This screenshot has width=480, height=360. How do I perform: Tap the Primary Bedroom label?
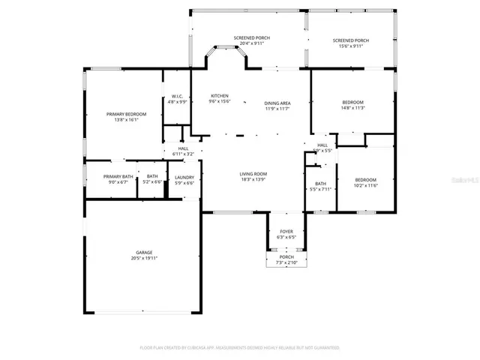tap(126, 114)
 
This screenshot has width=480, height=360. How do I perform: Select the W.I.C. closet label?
tap(177, 96)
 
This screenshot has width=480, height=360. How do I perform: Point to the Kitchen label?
tap(220, 96)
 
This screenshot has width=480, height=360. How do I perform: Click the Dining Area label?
tap(277, 103)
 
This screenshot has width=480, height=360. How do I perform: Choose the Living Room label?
tap(253, 174)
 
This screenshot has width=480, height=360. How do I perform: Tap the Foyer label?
tap(286, 232)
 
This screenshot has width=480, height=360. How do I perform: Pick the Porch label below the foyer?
tap(286, 257)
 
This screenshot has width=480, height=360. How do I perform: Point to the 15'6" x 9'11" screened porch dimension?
tap(350, 46)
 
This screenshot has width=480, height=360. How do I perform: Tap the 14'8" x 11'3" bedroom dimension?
tap(352, 107)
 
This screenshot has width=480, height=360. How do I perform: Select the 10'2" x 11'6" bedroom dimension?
tap(365, 185)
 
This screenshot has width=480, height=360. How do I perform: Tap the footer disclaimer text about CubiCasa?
tap(240, 348)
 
